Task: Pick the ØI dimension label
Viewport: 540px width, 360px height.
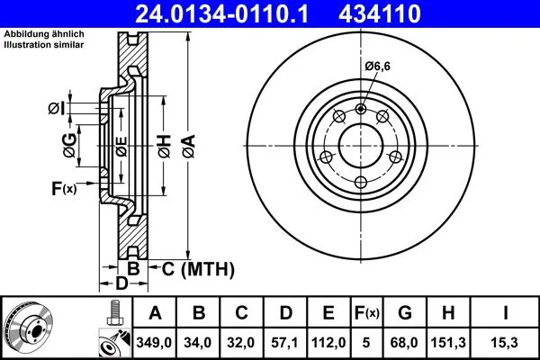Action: [x=56, y=110]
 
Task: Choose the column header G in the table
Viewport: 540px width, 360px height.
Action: [x=405, y=313]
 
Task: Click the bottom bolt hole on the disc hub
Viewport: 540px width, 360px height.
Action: [x=361, y=183]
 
